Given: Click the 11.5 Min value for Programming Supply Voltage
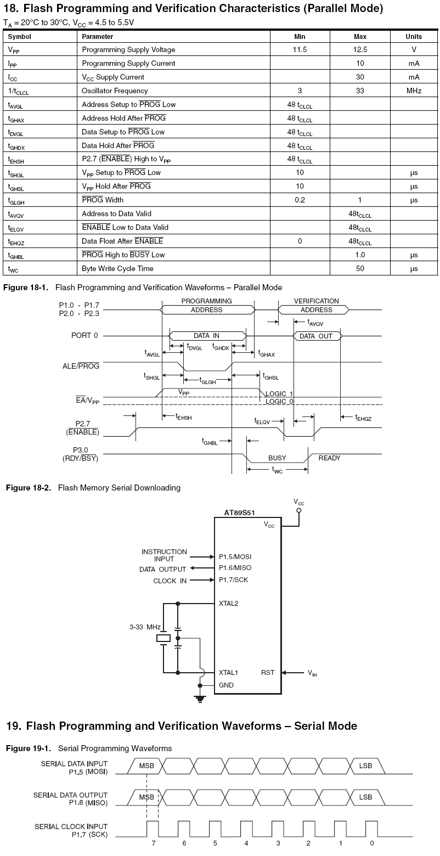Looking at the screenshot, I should pyautogui.click(x=300, y=49).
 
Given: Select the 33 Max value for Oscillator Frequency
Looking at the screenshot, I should pyautogui.click(x=360, y=91).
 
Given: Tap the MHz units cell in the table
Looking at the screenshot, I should pyautogui.click(x=414, y=91).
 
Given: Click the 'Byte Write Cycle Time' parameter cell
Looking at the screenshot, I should pyautogui.click(x=117, y=268).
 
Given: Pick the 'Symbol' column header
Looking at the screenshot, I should pyautogui.click(x=20, y=37).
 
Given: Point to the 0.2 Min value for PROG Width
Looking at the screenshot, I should pyautogui.click(x=300, y=200).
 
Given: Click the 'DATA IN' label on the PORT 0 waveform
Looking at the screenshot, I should pyautogui.click(x=206, y=336).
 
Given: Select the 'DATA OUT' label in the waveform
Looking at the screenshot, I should pyautogui.click(x=316, y=336).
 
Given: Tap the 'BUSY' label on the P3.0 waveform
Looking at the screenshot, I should pyautogui.click(x=277, y=458).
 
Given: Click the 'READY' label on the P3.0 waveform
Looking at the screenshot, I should pyautogui.click(x=329, y=458).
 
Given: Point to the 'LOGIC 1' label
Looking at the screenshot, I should pyautogui.click(x=279, y=394).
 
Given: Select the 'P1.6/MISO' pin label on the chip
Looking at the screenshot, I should pyautogui.click(x=235, y=568).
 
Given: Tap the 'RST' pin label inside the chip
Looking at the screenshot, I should pyautogui.click(x=268, y=672).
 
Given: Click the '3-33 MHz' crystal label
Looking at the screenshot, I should pyautogui.click(x=145, y=627).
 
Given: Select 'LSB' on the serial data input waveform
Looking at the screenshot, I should pyautogui.click(x=365, y=765).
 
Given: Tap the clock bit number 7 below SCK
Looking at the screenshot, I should pyautogui.click(x=153, y=843).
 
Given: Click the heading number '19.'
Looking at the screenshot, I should pyautogui.click(x=13, y=726).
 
